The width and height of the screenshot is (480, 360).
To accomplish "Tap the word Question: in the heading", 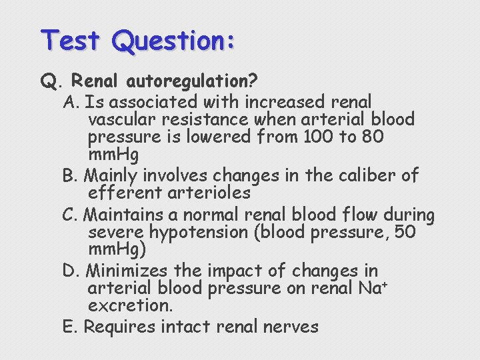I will pyautogui.click(x=174, y=41).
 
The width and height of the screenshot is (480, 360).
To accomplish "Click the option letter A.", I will pyautogui.click(x=70, y=102).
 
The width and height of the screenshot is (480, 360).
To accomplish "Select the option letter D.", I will pyautogui.click(x=70, y=271).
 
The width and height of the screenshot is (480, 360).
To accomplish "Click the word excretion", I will pyautogui.click(x=130, y=306).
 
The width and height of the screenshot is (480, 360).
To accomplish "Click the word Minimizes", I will pyautogui.click(x=127, y=271).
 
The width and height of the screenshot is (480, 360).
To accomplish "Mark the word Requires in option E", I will pyautogui.click(x=115, y=327).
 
